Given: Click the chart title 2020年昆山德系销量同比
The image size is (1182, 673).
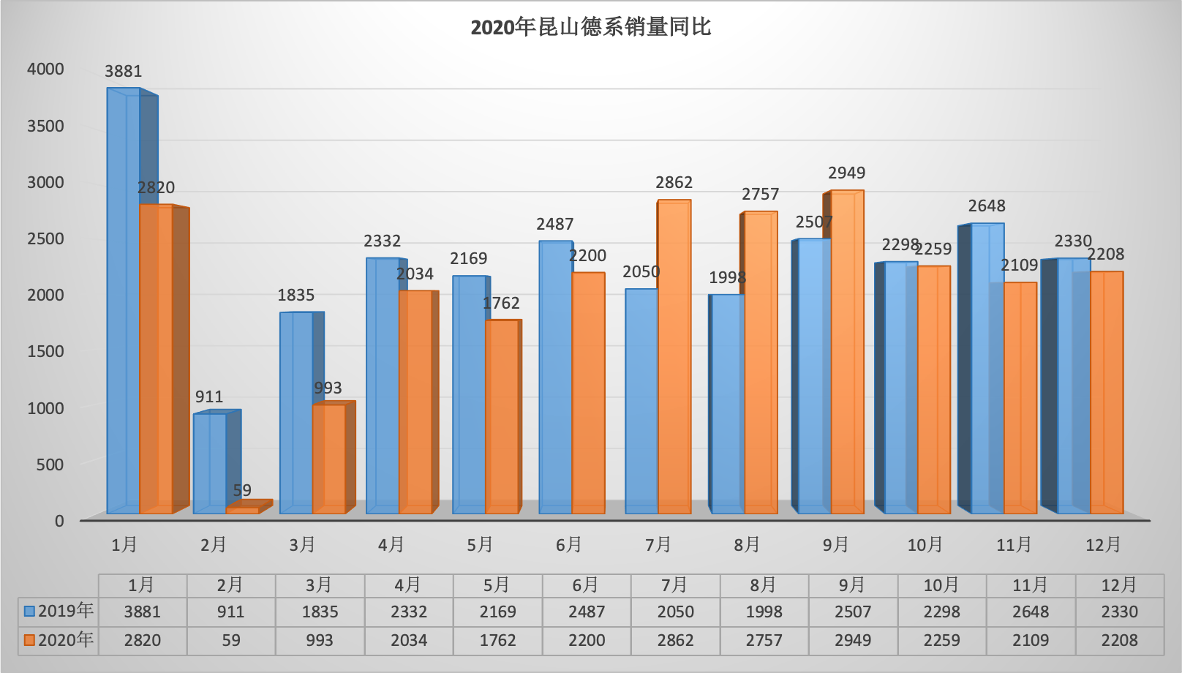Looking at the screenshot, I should pos(590,28).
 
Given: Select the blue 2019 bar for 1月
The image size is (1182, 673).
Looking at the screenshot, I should pos(123,300).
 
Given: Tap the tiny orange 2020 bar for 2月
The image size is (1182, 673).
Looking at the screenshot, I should pos(242,510).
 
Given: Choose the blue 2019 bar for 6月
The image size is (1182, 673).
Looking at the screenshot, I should pos(555,377).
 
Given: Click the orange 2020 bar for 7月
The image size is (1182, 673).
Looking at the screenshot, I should pos(674,357).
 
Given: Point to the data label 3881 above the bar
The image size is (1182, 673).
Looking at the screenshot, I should pos(124,71).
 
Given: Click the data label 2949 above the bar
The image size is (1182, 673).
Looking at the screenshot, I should pos(846,173).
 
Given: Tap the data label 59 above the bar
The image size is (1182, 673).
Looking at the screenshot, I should pos(242,490).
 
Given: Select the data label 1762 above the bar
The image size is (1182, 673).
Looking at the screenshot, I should pos(501,303).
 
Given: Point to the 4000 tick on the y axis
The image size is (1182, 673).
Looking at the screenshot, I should pos(45,69).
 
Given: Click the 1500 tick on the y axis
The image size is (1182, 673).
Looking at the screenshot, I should pos(45,351).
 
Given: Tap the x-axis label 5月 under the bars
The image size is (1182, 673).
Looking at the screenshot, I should pos(480,544).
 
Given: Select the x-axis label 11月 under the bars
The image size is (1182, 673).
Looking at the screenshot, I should pos(1014,544).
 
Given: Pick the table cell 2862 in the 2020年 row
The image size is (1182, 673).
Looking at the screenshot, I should pos(675,640).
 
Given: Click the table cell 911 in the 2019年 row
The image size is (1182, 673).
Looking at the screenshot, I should pos(231,612).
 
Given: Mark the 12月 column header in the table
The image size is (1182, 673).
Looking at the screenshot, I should pos(1119,585).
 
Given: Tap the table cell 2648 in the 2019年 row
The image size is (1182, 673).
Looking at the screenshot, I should pos(1031,612).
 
